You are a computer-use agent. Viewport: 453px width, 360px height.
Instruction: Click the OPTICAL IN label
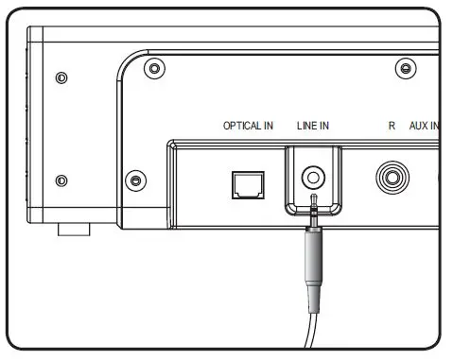point(248,126)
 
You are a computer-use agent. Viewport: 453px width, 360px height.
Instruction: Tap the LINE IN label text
point(313,126)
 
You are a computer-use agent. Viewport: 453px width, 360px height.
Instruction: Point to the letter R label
point(392,126)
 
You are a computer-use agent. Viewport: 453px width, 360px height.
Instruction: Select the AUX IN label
point(425,126)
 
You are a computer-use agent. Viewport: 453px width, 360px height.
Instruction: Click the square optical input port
point(248,185)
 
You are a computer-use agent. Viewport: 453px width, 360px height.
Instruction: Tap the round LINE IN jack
point(313,178)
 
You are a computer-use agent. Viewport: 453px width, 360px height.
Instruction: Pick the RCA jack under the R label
point(392,178)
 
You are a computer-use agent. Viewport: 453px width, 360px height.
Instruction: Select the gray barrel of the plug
point(312,257)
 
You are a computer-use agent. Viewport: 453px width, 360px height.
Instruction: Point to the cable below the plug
point(310,331)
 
